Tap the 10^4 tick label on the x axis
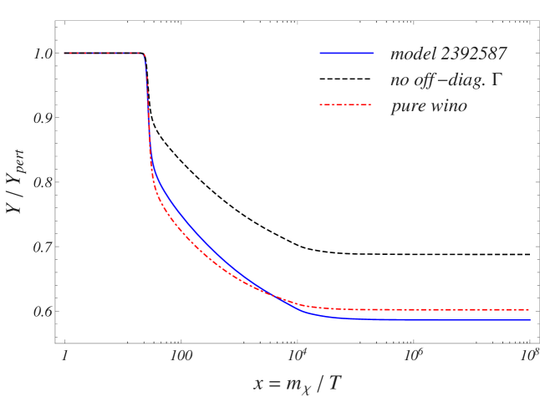pos(296,354)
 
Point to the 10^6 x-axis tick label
pos(412,354)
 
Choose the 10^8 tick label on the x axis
pos(527,354)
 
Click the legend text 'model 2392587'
pos(448,54)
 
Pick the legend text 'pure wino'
pos(428,106)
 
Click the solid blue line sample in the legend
pos(346,53)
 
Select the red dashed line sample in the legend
pos(346,105)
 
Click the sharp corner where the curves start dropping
pos(145,54)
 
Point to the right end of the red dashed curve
pos(530,309)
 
